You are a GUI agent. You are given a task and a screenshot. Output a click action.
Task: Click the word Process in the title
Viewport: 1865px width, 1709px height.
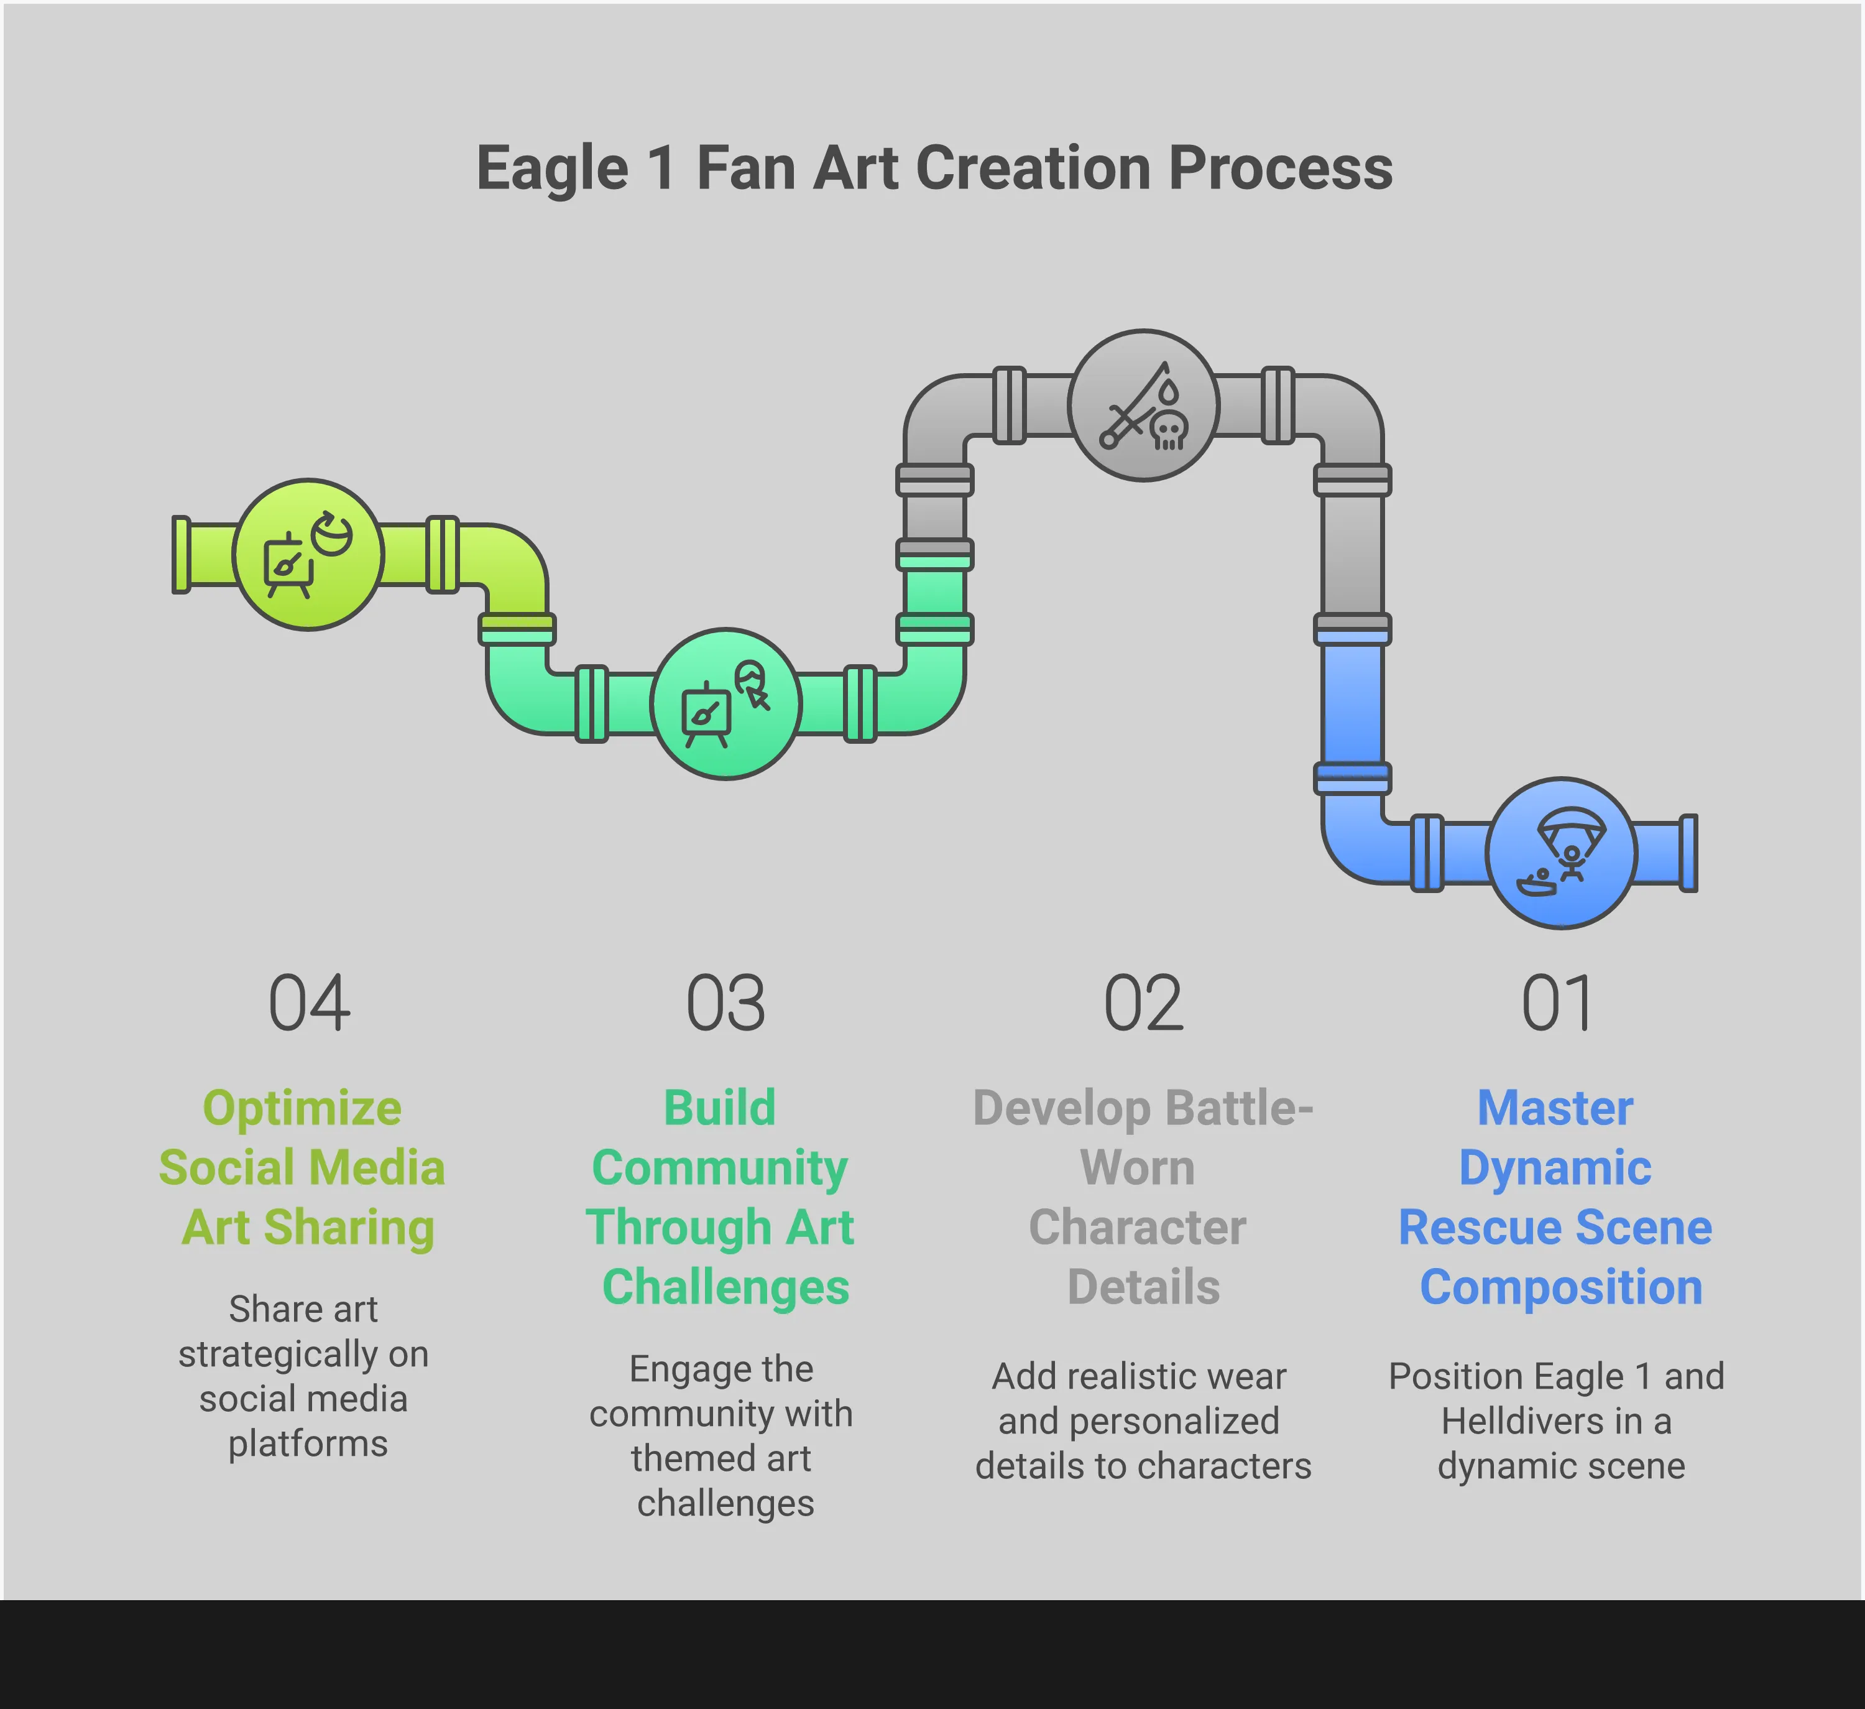tap(1281, 169)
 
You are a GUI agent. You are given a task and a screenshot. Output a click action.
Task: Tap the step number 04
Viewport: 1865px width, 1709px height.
tap(309, 1003)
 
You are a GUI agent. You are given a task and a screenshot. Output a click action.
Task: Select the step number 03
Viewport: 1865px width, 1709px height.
tap(725, 1003)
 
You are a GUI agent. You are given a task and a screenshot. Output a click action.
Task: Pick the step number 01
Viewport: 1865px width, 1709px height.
tap(1557, 1003)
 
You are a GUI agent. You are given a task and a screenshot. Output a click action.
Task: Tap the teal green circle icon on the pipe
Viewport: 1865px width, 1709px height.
tap(725, 704)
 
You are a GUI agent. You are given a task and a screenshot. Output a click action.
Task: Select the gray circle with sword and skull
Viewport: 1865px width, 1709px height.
tap(1143, 405)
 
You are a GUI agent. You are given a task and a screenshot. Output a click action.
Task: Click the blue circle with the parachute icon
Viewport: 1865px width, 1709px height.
tap(1562, 853)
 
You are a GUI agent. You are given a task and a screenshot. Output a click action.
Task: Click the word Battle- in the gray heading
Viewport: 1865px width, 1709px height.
tap(1239, 1108)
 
